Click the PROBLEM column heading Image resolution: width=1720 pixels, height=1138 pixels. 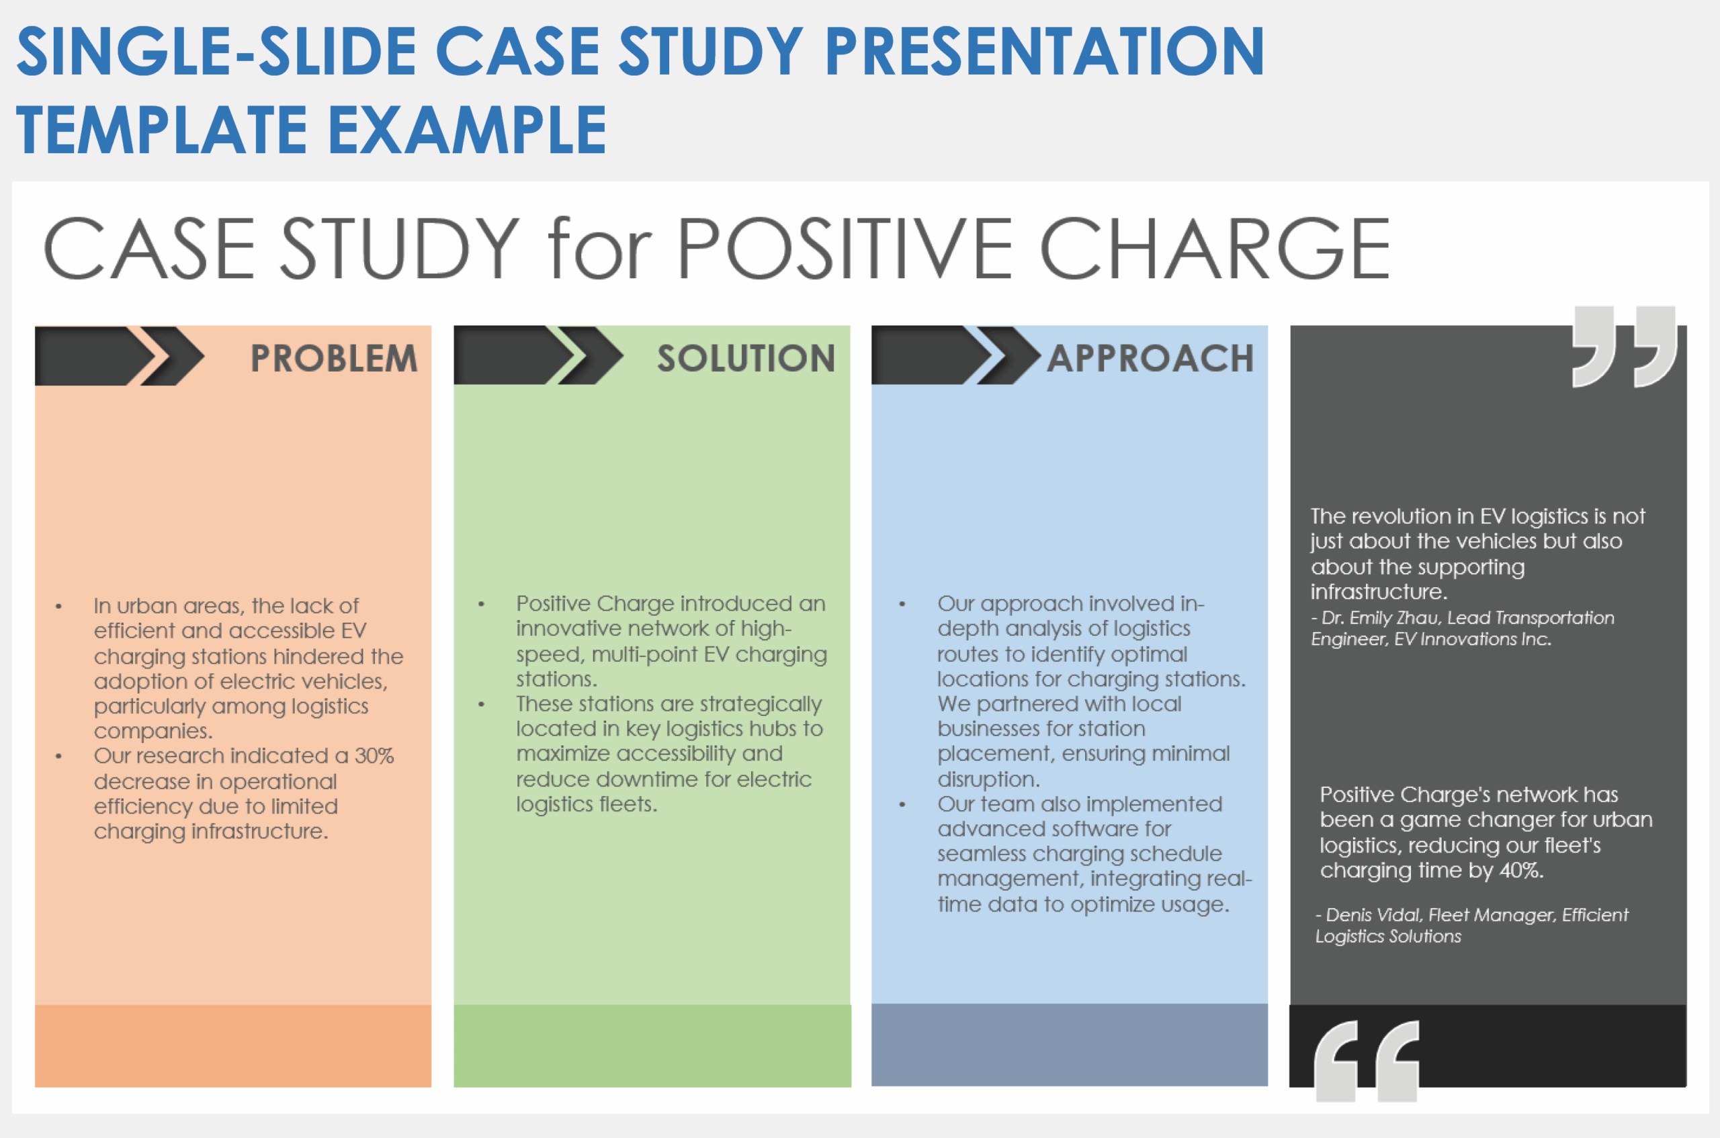coord(334,358)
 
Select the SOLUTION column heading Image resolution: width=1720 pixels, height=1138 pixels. coord(745,358)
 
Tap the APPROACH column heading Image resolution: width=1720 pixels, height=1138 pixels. coord(1150,358)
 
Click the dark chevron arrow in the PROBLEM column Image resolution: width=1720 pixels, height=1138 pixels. coord(116,355)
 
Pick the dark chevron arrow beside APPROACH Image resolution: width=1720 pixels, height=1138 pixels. coord(953,355)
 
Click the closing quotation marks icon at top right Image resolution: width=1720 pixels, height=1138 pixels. coord(1624,346)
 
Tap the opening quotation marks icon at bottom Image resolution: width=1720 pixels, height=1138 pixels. coord(1366,1061)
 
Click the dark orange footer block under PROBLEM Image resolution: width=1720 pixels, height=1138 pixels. coord(233,1045)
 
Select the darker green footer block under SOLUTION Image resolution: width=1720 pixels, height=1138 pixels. coord(652,1045)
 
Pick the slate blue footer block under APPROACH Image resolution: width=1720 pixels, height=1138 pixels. coord(1069,1045)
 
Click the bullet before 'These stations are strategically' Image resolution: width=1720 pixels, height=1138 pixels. coord(481,705)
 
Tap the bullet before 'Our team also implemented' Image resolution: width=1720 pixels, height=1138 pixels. coord(902,805)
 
